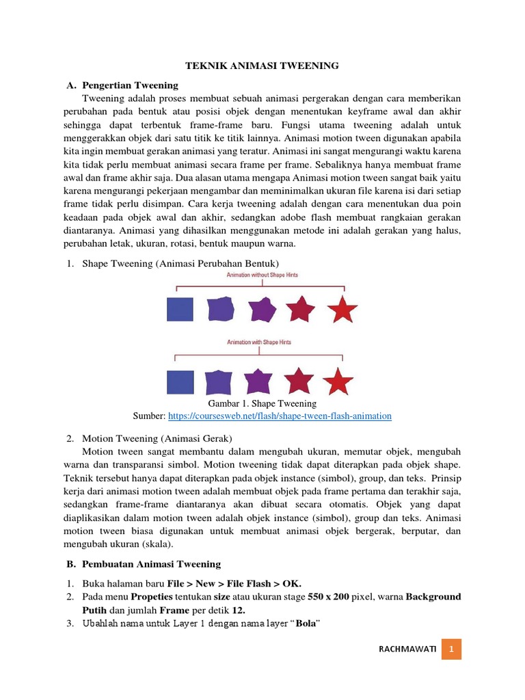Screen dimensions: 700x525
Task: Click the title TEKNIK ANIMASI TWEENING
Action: click(263, 66)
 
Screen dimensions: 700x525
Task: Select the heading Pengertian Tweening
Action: click(130, 85)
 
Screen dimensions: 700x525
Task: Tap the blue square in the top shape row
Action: click(180, 310)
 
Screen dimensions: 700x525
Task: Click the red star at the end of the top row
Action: click(342, 310)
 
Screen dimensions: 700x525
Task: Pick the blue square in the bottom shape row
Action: click(180, 381)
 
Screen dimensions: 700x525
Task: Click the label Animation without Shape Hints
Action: click(262, 275)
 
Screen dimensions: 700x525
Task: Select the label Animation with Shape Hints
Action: click(262, 344)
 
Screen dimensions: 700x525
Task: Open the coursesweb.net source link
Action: click(280, 416)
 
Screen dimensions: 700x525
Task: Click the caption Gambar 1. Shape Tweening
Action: click(262, 403)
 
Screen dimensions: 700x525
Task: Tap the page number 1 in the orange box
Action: click(451, 647)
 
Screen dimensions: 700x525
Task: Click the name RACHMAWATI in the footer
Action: click(407, 647)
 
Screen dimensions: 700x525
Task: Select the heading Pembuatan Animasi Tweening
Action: click(151, 564)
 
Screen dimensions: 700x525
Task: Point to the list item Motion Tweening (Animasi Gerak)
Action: click(157, 437)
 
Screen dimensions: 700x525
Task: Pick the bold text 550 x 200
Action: click(328, 597)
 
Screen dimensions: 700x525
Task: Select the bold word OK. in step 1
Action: click(289, 583)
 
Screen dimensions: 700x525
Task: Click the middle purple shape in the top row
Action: click(262, 310)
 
